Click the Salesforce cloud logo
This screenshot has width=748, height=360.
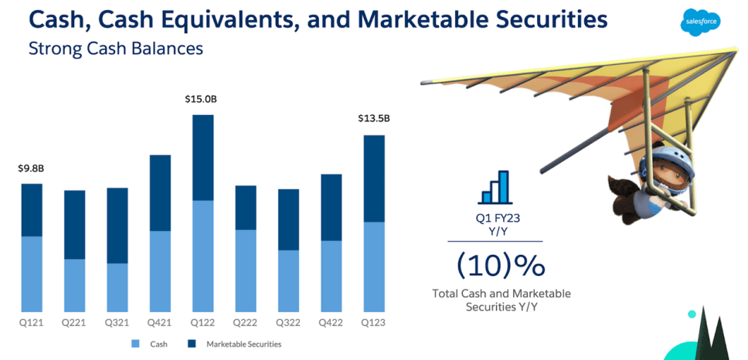coord(700,23)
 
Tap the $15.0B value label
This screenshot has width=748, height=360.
coord(201,99)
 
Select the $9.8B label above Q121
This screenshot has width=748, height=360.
coord(31,168)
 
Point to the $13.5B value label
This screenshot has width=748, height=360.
coord(374,119)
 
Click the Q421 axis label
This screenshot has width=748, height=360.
coord(159,322)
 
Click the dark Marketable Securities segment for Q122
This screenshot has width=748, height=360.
coord(202,158)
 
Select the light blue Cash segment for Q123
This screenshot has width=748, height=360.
coord(374,267)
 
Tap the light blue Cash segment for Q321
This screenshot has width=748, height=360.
coord(117,287)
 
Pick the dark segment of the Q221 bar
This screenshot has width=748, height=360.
coord(74,225)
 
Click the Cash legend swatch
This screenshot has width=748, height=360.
coord(135,344)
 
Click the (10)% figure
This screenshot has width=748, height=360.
coord(501,266)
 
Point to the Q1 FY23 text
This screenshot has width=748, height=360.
coord(498,219)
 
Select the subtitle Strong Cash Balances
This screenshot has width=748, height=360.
coord(115,49)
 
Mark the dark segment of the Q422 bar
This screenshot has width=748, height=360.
coord(331,208)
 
